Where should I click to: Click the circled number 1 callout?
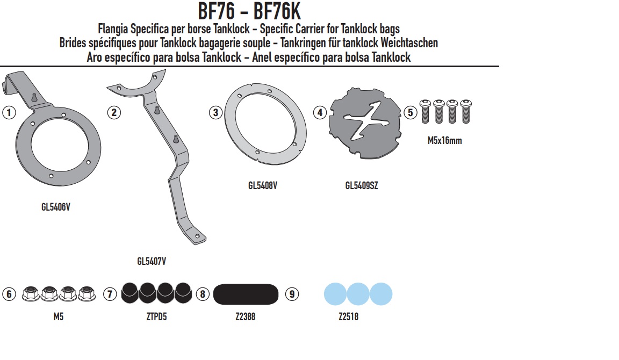[9, 112]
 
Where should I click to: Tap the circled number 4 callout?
[320, 112]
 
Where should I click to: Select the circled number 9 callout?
[292, 294]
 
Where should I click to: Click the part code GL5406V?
[56, 207]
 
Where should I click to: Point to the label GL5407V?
[152, 261]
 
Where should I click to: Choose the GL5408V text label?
[263, 185]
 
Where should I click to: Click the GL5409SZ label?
[362, 185]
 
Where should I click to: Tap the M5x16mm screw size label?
[444, 141]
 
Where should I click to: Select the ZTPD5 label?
[156, 316]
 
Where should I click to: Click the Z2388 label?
[245, 316]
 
